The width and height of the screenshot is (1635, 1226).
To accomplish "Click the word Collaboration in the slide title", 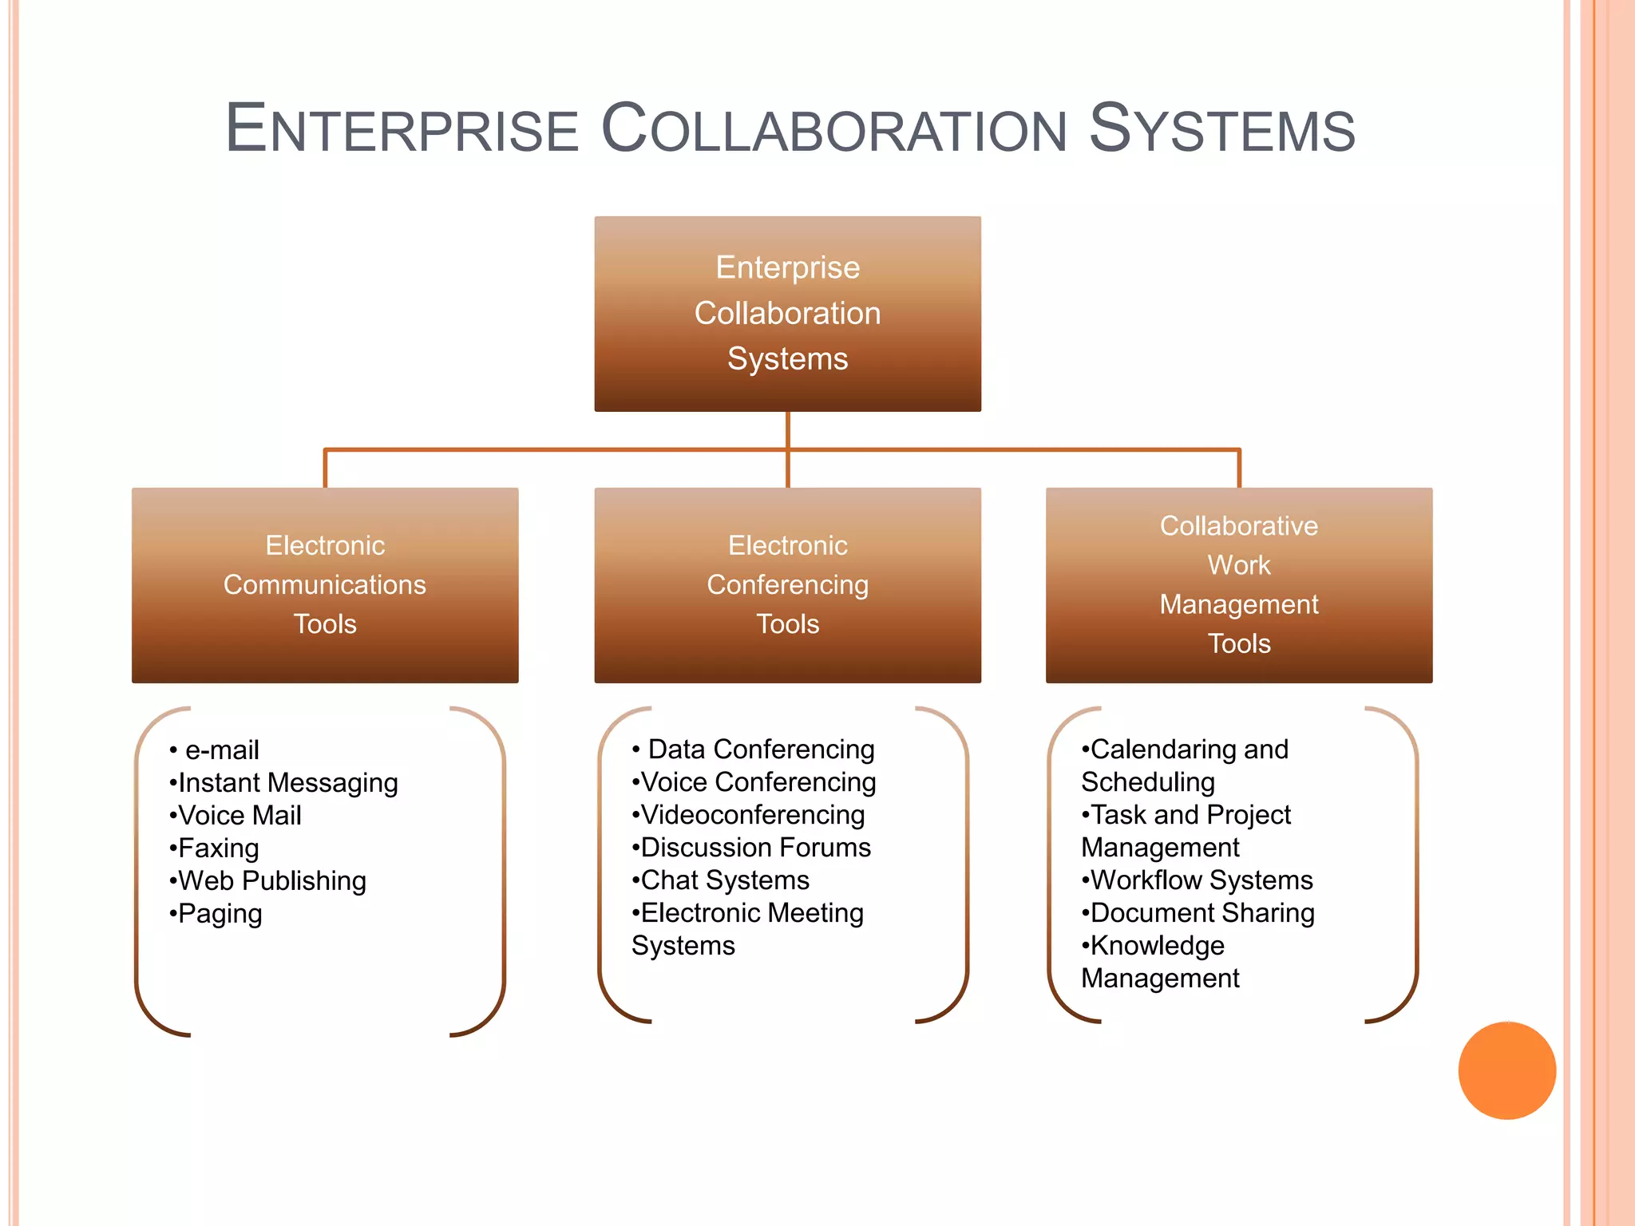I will [833, 129].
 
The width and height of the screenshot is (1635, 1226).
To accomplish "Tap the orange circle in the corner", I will [1506, 1070].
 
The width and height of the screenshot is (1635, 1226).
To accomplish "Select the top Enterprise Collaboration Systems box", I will [787, 314].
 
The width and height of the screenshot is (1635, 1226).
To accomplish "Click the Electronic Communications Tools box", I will [325, 585].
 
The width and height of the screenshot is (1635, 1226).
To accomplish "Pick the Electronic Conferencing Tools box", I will [787, 585].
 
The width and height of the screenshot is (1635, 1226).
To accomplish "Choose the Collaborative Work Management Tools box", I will [1238, 585].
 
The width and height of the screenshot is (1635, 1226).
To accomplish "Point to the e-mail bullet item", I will [222, 750].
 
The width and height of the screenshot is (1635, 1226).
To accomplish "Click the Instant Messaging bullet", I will [287, 783].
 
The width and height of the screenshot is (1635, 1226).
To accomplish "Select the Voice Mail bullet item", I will [240, 816].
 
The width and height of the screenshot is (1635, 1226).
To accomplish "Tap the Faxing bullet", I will [218, 848].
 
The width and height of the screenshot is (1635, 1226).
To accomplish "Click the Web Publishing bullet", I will [271, 881].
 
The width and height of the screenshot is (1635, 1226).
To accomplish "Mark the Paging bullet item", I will [220, 914].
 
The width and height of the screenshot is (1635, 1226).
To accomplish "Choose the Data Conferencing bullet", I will [761, 749].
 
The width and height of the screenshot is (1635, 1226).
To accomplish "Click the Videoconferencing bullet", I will [752, 815].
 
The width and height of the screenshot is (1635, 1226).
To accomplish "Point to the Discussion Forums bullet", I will [755, 848].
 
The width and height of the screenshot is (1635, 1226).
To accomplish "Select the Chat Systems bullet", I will [725, 880].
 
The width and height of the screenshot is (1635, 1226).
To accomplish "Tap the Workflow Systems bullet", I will [1201, 880].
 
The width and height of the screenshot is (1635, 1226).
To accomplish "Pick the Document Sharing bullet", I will [1202, 913].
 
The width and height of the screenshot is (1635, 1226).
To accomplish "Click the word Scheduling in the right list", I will [1148, 782].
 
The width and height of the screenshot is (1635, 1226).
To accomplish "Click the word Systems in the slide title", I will [1221, 129].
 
